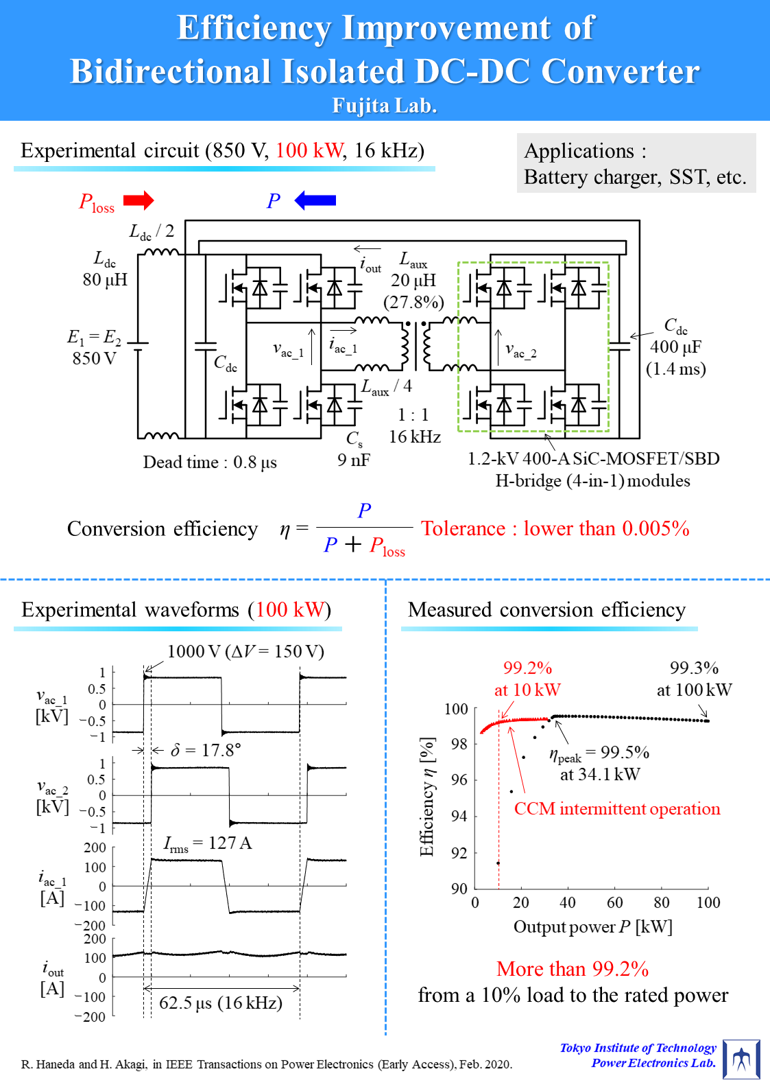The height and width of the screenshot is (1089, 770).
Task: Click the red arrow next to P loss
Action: click(x=139, y=200)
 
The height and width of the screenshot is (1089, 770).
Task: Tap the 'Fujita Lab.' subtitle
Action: click(x=385, y=106)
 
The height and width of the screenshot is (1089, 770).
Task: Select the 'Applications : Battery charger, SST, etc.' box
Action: click(x=636, y=163)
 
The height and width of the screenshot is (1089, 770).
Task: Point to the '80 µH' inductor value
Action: click(x=105, y=279)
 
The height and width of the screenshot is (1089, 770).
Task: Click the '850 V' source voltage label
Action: click(x=94, y=358)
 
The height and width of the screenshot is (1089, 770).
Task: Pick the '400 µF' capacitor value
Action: click(x=675, y=347)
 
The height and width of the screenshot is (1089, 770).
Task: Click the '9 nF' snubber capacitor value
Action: click(x=354, y=460)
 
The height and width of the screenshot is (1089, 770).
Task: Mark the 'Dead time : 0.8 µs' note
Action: click(x=210, y=462)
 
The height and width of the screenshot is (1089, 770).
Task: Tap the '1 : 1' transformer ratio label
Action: click(x=413, y=414)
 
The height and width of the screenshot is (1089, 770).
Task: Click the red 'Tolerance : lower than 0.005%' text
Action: click(x=555, y=528)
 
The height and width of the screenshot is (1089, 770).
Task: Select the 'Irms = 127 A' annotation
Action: click(x=208, y=843)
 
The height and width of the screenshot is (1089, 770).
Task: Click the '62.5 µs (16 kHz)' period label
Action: click(x=221, y=1003)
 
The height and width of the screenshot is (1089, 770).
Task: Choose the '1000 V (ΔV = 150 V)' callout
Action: click(x=245, y=651)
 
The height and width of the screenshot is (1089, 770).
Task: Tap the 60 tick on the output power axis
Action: click(x=615, y=902)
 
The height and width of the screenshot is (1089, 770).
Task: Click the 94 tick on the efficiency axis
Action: click(x=459, y=816)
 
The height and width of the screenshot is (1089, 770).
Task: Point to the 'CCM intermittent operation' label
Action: click(x=617, y=808)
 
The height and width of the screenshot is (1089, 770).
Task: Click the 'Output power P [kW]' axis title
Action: click(x=593, y=927)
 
